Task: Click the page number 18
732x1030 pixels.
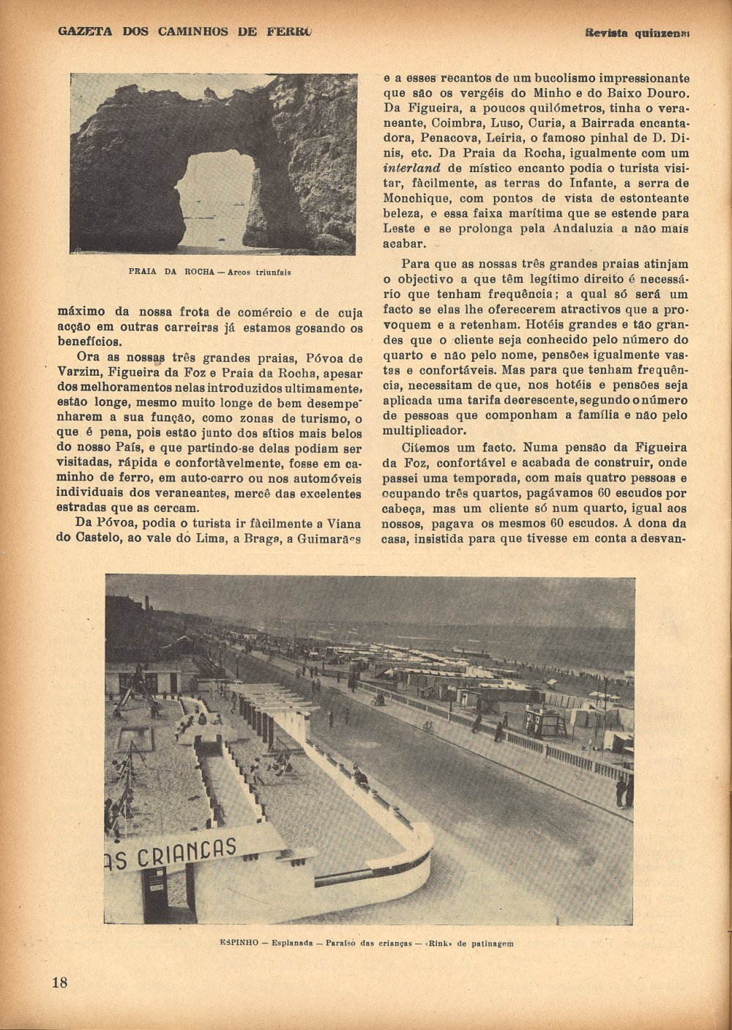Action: point(59,982)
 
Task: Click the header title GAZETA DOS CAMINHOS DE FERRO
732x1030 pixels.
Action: point(184,32)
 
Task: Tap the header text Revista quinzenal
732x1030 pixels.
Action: point(638,32)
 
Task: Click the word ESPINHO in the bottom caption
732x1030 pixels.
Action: point(239,944)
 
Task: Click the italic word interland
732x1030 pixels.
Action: point(411,168)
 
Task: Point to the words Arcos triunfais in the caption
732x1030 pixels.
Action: point(259,272)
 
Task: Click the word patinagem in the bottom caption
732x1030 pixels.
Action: point(489,944)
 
